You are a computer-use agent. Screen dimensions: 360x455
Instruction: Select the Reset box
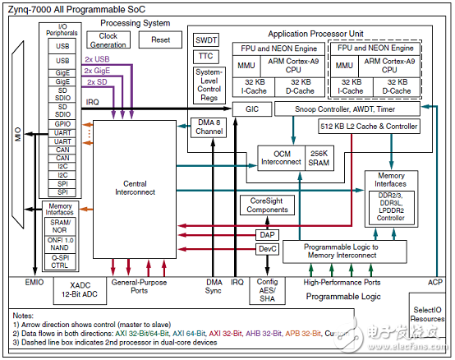tap(161, 39)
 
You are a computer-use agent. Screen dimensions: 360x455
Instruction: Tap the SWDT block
tap(205, 39)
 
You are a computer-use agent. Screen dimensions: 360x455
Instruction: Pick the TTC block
tap(205, 57)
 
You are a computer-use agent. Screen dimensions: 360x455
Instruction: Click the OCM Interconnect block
tap(279, 156)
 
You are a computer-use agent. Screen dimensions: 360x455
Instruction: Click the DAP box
tap(266, 234)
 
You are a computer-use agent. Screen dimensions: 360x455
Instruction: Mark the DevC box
tap(266, 248)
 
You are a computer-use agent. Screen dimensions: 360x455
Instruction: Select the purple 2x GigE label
tap(99, 72)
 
